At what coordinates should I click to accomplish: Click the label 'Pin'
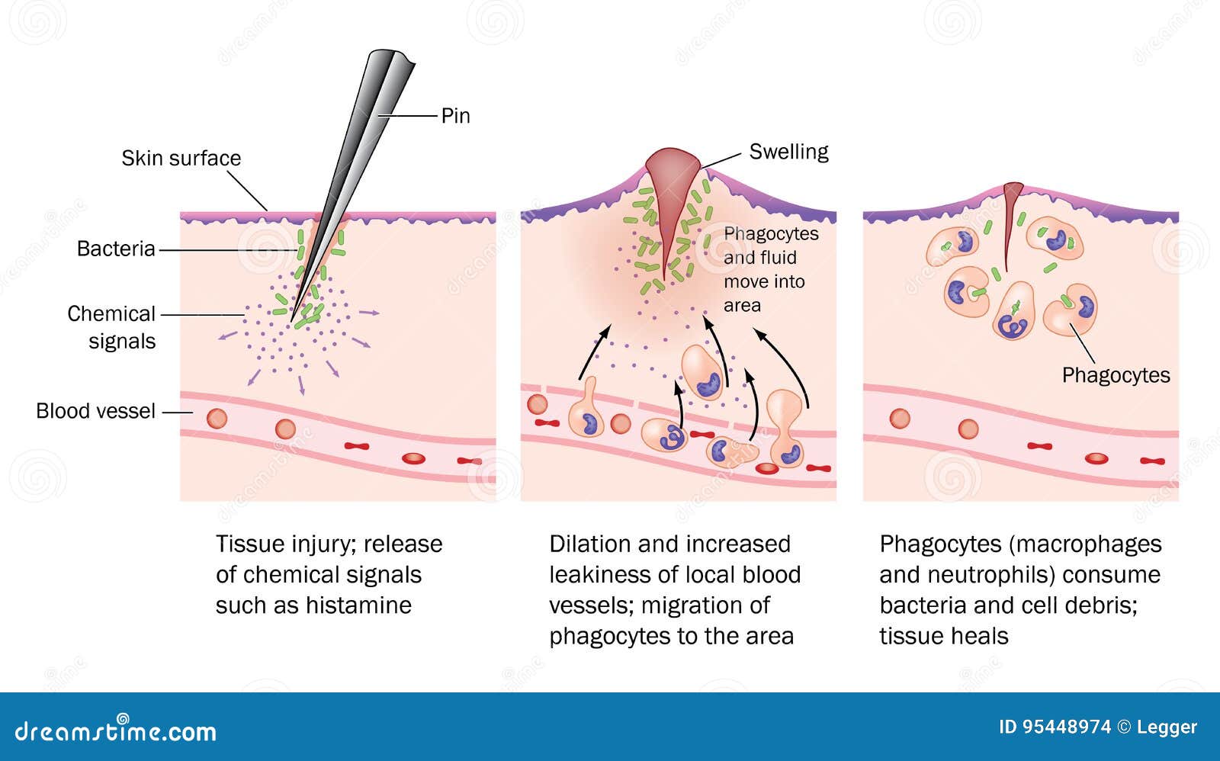tap(455, 116)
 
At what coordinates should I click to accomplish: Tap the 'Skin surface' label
tap(181, 158)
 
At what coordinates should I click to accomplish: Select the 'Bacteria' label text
tap(116, 249)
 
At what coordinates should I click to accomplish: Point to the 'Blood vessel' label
tap(95, 411)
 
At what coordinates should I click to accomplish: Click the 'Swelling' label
tap(788, 152)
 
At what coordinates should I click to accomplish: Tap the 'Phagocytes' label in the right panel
tap(1116, 375)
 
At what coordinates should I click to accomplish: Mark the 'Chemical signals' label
tap(112, 327)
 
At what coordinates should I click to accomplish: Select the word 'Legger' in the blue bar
tap(1167, 727)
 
